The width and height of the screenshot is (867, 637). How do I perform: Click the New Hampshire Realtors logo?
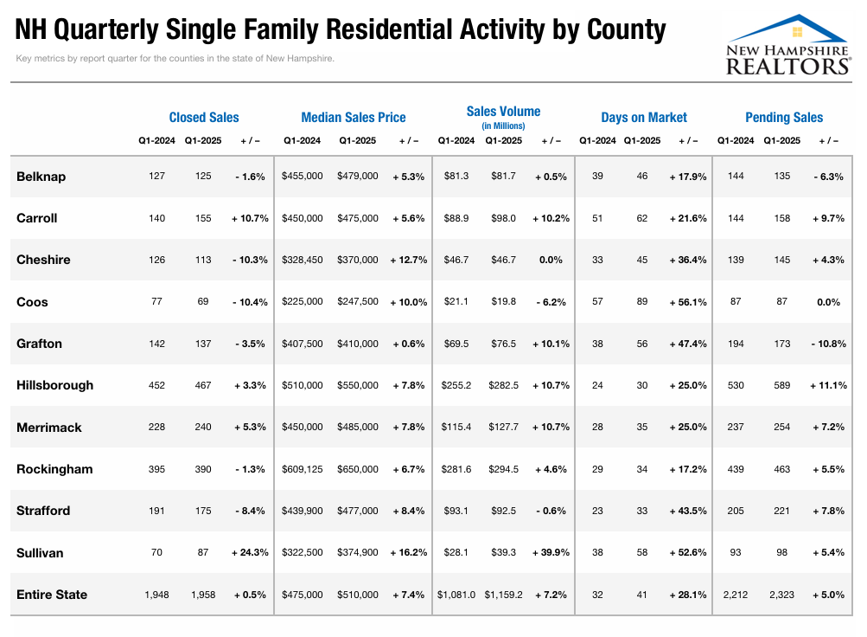click(x=788, y=45)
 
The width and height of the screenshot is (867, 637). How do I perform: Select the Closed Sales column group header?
click(x=204, y=118)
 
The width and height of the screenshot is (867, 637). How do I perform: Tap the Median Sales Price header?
click(x=354, y=118)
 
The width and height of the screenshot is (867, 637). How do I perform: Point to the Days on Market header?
click(x=644, y=118)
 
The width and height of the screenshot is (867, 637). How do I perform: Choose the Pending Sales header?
click(x=784, y=118)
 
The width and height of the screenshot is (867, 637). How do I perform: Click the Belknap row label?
click(x=41, y=177)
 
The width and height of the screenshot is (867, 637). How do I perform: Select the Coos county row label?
click(x=32, y=302)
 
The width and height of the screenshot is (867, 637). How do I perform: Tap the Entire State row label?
click(x=52, y=595)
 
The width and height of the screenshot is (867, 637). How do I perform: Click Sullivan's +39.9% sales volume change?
click(x=551, y=552)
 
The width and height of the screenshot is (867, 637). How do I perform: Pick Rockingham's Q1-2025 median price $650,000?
click(x=358, y=469)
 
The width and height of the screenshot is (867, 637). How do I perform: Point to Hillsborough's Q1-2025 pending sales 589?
click(x=781, y=385)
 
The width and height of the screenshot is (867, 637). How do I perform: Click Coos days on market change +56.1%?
click(x=688, y=302)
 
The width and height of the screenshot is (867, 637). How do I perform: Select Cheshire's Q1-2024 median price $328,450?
click(x=303, y=260)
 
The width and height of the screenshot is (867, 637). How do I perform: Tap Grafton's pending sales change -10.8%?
click(x=828, y=344)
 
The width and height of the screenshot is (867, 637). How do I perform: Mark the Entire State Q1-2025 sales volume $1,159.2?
click(x=503, y=595)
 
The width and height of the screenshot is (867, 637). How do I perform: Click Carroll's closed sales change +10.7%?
click(x=250, y=218)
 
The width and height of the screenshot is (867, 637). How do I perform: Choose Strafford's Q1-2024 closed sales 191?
click(x=156, y=511)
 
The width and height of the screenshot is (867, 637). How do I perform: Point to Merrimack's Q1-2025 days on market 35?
click(x=642, y=427)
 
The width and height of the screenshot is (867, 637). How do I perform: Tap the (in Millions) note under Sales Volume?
click(x=503, y=126)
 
